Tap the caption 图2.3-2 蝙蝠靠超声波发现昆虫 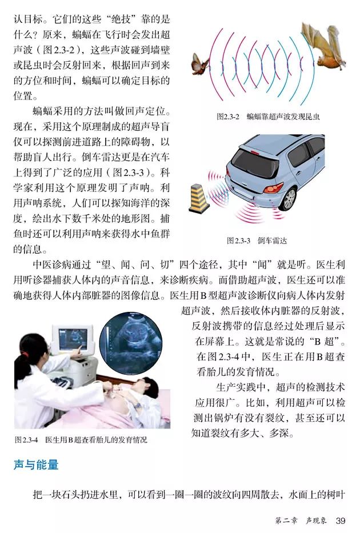pyautogui.click(x=268, y=117)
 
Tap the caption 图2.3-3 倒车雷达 pyautogui.click(x=257, y=241)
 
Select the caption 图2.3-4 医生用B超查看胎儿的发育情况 pyautogui.click(x=80, y=440)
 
